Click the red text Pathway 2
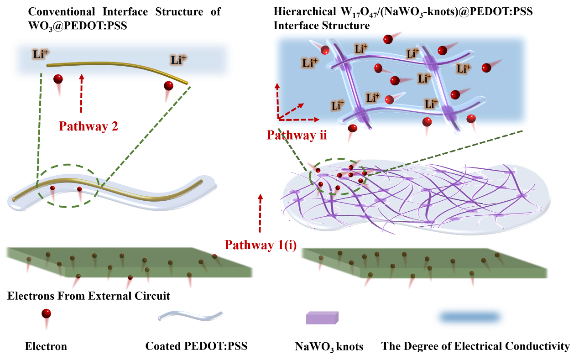pyautogui.click(x=89, y=126)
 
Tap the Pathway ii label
pyautogui.click(x=297, y=135)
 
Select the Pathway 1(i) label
pyautogui.click(x=261, y=245)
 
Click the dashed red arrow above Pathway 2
pyautogui.click(x=82, y=93)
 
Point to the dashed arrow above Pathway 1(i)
pyautogui.click(x=260, y=213)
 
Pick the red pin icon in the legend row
pyautogui.click(x=46, y=318)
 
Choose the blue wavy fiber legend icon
pyautogui.click(x=190, y=316)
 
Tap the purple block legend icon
pyautogui.click(x=322, y=318)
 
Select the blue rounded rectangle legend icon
pyautogui.click(x=470, y=317)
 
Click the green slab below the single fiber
pyautogui.click(x=129, y=262)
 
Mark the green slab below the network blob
pyautogui.click(x=423, y=263)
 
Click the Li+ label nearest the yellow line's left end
pyautogui.click(x=40, y=54)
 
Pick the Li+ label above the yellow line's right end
pyautogui.click(x=178, y=59)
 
